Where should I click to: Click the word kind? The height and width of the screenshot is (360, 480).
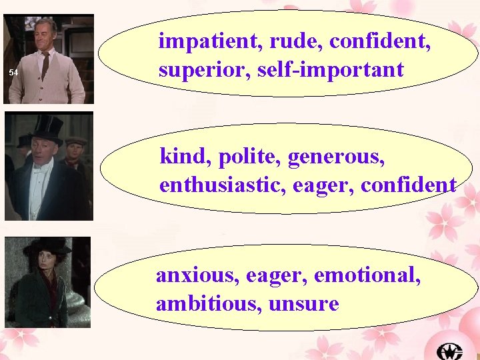[x=181, y=157]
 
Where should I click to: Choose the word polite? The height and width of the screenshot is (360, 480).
[x=239, y=158]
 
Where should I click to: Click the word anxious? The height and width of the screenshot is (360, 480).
[x=197, y=275]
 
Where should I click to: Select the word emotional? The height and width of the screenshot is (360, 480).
[x=367, y=275]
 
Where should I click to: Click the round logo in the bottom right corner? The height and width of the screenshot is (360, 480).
[x=449, y=350]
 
